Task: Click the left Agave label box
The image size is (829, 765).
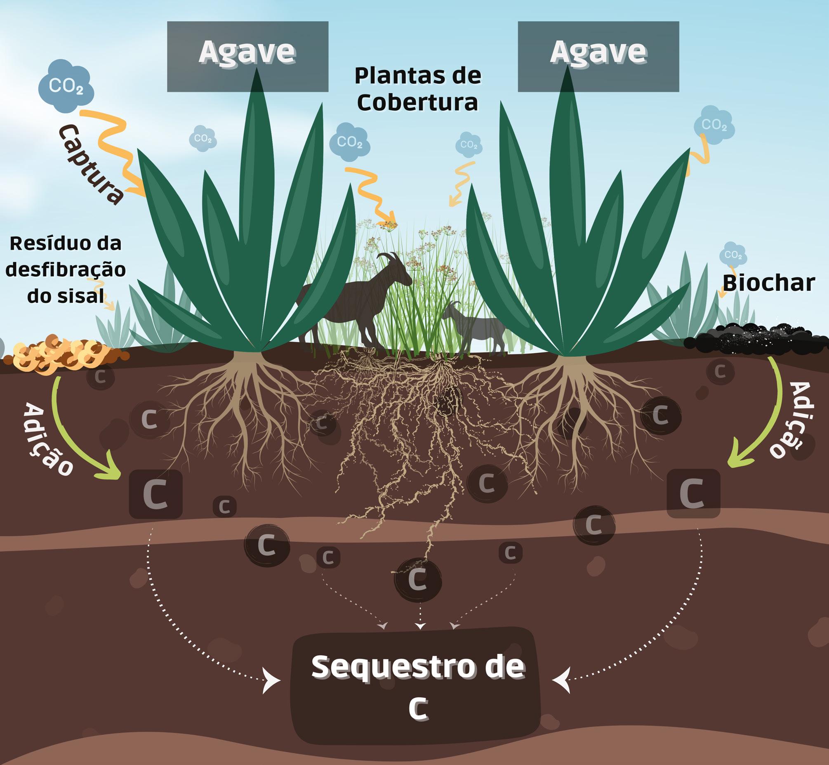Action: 247,56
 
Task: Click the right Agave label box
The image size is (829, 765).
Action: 598,56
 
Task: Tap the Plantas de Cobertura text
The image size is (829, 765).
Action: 418,89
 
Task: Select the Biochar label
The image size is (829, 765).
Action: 769,283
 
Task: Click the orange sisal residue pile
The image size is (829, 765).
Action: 62,354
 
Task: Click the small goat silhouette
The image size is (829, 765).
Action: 476,325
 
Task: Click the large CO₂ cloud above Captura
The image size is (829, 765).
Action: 66,86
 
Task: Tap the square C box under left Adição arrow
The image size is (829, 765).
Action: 155,494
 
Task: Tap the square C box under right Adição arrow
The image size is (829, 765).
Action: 693,493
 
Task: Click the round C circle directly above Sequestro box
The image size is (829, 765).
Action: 418,580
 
